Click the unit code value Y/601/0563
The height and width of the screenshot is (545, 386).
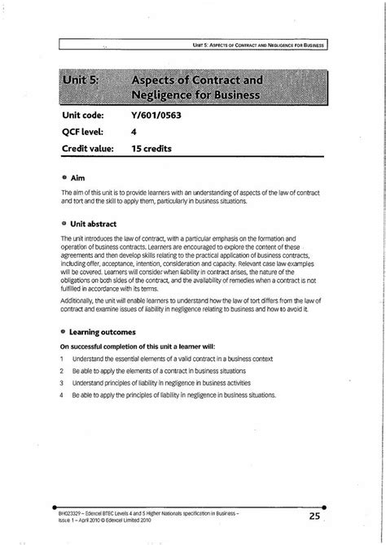[156, 116]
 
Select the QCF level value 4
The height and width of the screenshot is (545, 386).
[134, 133]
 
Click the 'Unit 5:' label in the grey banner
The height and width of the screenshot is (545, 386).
[83, 82]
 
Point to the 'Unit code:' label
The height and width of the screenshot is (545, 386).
[88, 116]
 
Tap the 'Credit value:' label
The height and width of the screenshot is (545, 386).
[92, 149]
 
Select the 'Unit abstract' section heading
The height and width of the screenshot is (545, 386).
[94, 223]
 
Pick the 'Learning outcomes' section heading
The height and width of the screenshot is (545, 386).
[103, 332]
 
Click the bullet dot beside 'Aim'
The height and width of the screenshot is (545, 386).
[64, 177]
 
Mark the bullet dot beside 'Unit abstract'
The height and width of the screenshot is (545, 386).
[64, 223]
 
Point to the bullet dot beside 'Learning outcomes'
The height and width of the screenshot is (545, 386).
[64, 332]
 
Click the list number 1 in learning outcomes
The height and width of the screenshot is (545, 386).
[62, 358]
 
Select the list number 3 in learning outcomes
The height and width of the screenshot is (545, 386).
[62, 382]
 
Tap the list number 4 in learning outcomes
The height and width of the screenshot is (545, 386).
[62, 395]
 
